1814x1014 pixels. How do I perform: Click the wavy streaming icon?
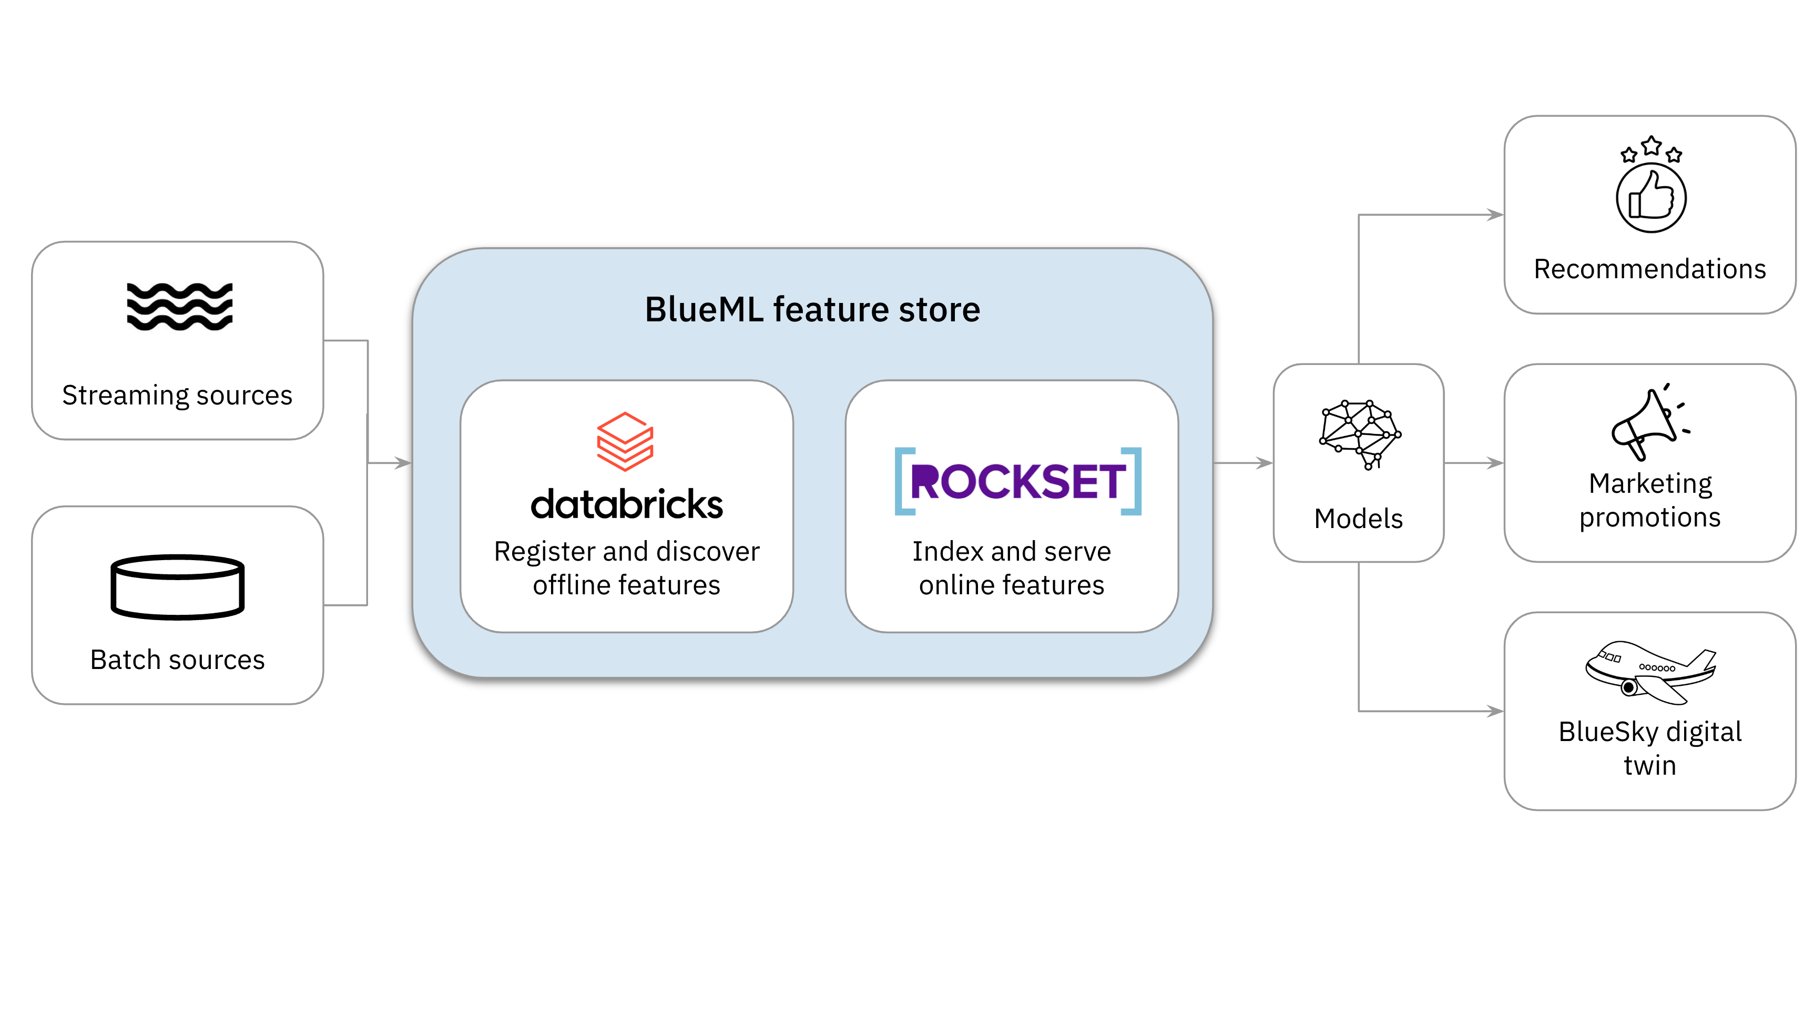[x=180, y=306]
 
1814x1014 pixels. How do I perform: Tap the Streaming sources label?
[x=178, y=395]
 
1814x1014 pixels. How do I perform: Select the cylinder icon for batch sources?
[x=178, y=586]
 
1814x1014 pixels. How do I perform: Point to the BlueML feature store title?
[x=812, y=310]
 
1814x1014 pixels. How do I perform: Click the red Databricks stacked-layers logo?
[x=625, y=441]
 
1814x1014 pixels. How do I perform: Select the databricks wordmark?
[x=627, y=504]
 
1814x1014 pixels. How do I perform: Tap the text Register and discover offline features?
[x=627, y=567]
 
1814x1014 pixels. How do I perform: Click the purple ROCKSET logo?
[x=1017, y=482]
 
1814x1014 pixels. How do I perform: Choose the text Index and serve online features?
[x=1011, y=567]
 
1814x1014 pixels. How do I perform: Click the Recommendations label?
[x=1650, y=269]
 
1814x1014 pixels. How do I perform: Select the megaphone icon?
[x=1650, y=422]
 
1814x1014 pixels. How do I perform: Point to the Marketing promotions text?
[x=1650, y=500]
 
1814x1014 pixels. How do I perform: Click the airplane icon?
[x=1650, y=671]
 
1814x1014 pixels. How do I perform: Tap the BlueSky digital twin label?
[x=1650, y=748]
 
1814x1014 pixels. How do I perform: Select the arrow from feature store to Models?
[x=1244, y=463]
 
